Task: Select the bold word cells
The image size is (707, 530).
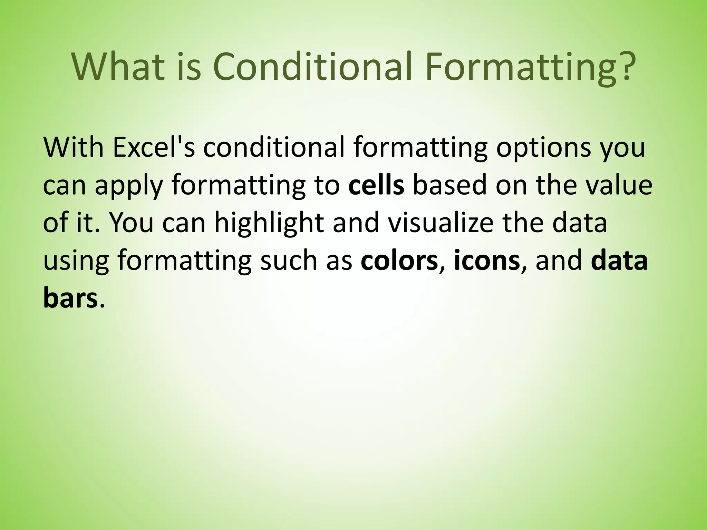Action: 376,185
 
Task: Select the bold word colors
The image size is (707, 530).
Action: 399,261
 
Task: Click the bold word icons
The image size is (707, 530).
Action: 487,261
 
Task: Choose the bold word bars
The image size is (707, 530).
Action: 70,298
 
